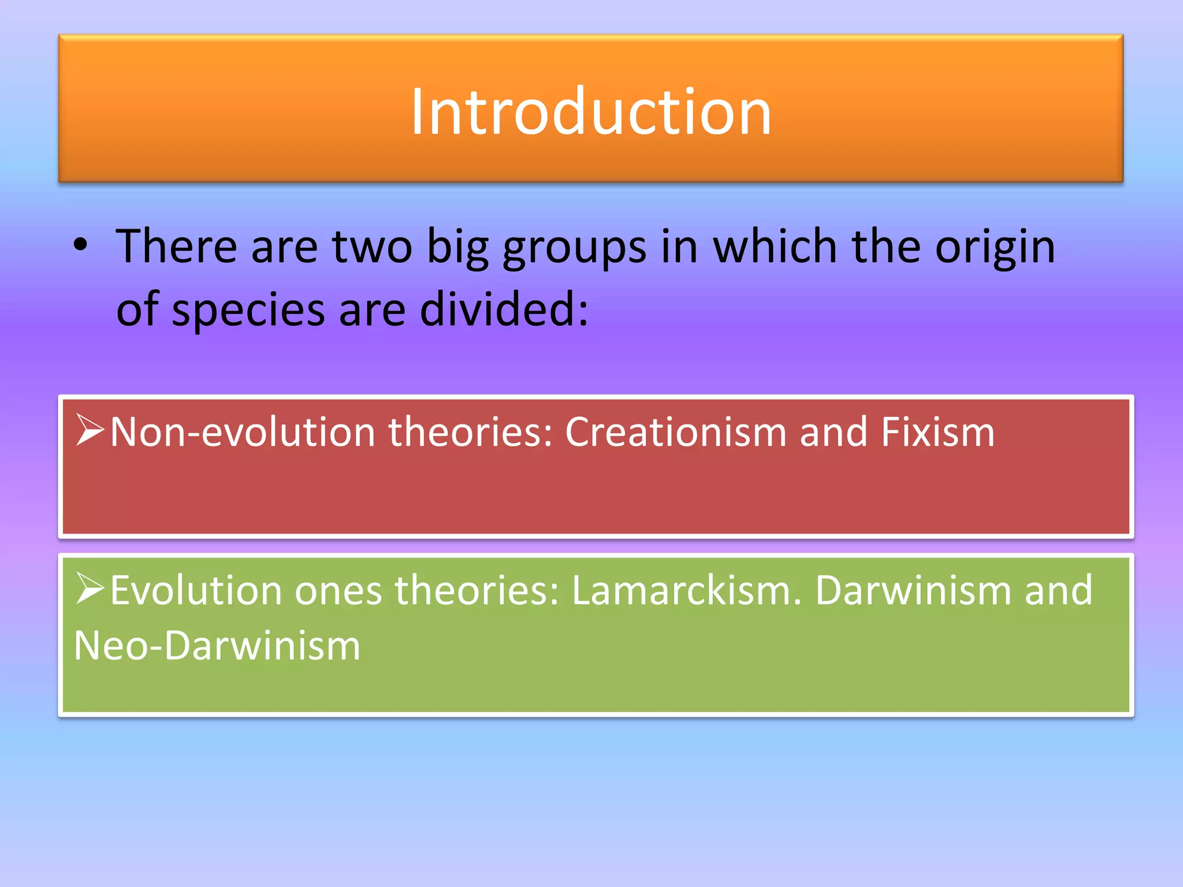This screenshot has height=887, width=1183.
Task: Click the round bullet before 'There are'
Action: point(80,246)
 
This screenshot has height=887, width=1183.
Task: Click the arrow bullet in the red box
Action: point(90,430)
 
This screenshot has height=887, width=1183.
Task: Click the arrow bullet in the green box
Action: point(90,588)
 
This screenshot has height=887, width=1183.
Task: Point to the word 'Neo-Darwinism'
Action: point(217,646)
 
